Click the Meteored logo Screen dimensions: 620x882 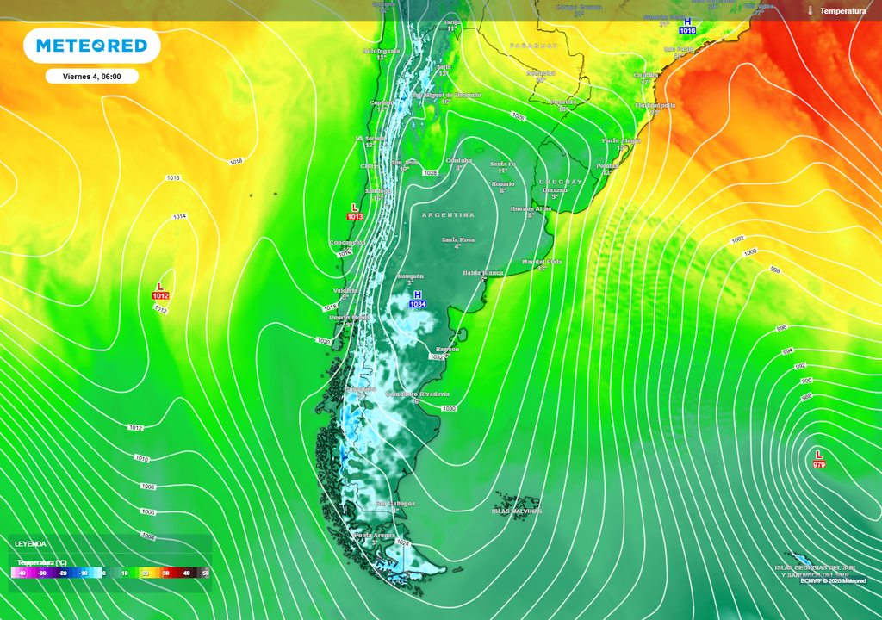pos(91,45)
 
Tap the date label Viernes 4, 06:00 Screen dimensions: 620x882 pos(91,77)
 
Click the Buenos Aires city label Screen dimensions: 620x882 pos(531,209)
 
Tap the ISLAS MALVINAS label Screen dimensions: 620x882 pos(517,511)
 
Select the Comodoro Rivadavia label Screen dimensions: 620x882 pos(418,394)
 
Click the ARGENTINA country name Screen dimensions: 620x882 pos(448,214)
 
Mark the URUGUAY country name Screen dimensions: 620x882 pos(561,182)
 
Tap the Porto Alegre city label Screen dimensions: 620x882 pos(621,140)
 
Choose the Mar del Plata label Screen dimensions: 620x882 pos(542,262)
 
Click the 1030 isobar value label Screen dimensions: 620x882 pos(449,408)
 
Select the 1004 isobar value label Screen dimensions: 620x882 pos(148,536)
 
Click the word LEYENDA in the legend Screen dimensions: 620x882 pos(30,543)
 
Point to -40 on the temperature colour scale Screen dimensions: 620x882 pos(22,573)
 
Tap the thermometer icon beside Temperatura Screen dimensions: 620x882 pos(811,11)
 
